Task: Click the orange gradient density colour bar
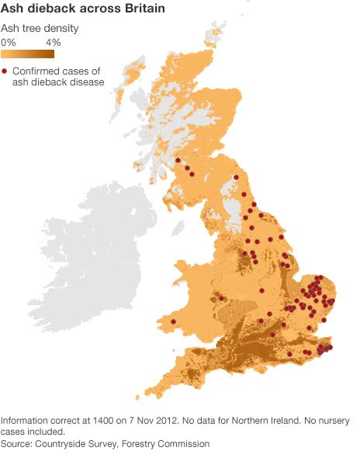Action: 28,54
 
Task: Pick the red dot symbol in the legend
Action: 5,71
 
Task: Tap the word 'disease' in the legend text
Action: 85,82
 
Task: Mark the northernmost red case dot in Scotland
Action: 178,161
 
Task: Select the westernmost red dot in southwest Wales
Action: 173,321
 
